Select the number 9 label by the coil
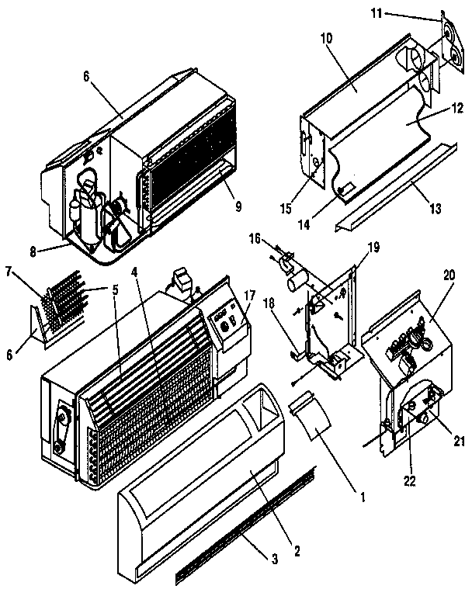click(238, 206)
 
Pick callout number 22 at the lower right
click(411, 481)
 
